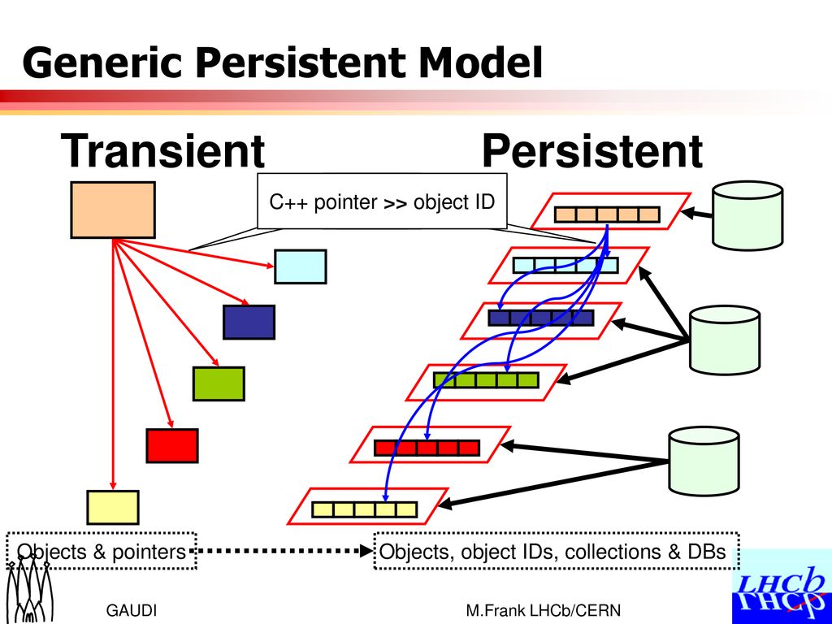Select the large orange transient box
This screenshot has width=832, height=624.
coord(113,210)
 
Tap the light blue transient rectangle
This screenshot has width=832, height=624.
coord(301,266)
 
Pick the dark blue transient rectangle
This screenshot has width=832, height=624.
coord(249,322)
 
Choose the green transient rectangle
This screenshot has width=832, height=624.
coord(219,383)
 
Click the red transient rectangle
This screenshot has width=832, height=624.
coord(172,446)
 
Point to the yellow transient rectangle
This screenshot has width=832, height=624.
coord(113,507)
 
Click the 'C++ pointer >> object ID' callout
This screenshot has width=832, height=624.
coord(382,201)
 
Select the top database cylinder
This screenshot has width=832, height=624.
coord(747,215)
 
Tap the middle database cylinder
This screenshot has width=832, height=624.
coord(724,340)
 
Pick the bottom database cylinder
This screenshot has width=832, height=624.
coord(704,461)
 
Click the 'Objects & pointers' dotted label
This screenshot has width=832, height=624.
coord(102,552)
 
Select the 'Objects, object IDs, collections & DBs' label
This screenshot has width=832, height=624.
coord(557,552)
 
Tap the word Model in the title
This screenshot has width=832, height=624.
coord(480,63)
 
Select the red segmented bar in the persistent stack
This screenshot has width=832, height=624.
coord(427,448)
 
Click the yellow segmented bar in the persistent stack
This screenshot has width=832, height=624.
coord(365,509)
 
